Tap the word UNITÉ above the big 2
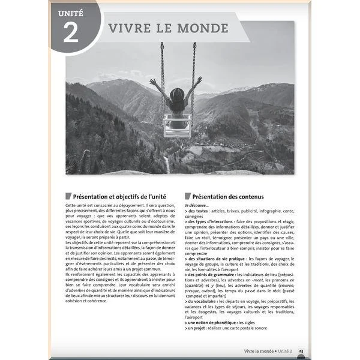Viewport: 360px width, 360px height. (70, 12)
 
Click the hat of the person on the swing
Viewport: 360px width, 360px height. (177, 94)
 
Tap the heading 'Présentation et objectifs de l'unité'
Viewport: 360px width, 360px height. (119, 196)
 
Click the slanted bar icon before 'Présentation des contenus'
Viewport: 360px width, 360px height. (188, 196)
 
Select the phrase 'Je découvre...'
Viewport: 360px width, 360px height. (197, 205)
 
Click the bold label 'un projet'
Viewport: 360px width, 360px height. (197, 328)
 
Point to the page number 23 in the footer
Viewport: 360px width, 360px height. (301, 350)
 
